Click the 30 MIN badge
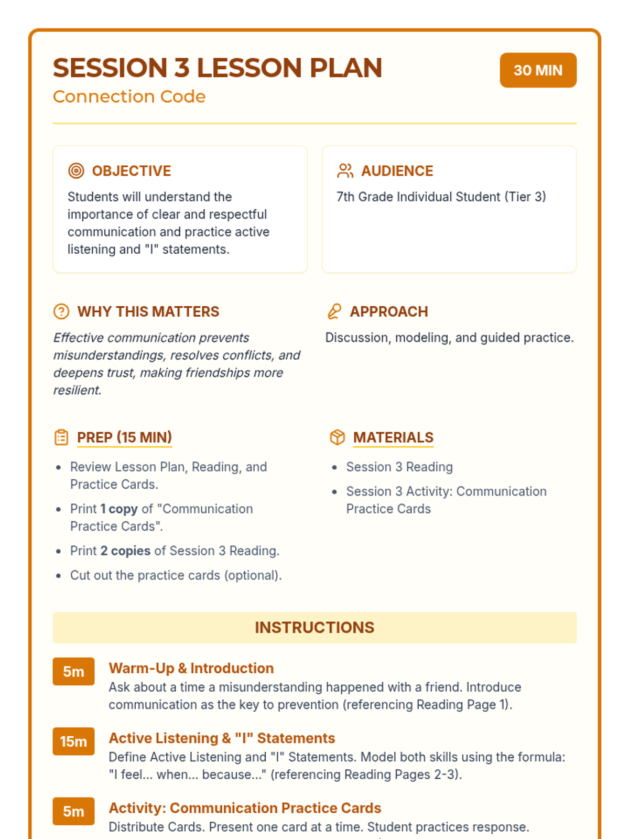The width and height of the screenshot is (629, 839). point(538,70)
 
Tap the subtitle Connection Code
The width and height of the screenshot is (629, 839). point(129,96)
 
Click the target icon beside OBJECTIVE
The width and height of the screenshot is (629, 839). point(76,171)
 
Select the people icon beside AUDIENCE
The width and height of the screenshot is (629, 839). point(345,171)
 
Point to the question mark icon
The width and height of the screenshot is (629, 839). point(61,311)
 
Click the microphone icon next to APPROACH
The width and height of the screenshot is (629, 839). point(334,311)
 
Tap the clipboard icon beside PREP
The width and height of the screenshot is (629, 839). point(61,437)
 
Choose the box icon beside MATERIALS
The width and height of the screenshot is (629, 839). point(337,437)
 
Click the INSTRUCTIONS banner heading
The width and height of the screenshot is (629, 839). point(314,628)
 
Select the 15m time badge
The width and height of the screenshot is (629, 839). point(73,741)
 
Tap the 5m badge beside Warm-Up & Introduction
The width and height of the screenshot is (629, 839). point(73,672)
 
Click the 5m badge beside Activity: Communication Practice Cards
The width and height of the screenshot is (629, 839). point(73,811)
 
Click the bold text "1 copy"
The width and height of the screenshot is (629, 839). point(119,509)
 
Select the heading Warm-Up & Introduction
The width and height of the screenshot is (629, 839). point(191,668)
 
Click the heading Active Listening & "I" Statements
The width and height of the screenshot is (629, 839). point(222,738)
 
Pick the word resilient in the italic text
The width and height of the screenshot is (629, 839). point(77,391)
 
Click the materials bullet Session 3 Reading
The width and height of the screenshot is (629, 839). point(399,467)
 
